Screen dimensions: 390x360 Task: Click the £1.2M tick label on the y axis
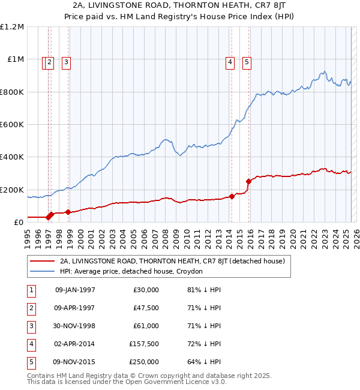point(12,27)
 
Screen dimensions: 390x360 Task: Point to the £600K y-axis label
point(12,125)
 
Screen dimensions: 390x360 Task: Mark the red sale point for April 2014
point(232,196)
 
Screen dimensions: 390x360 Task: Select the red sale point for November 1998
point(68,212)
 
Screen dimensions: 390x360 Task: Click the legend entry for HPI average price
point(131,271)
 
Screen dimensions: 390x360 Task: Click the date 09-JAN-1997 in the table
point(75,290)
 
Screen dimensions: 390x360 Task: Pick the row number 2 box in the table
point(31,308)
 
